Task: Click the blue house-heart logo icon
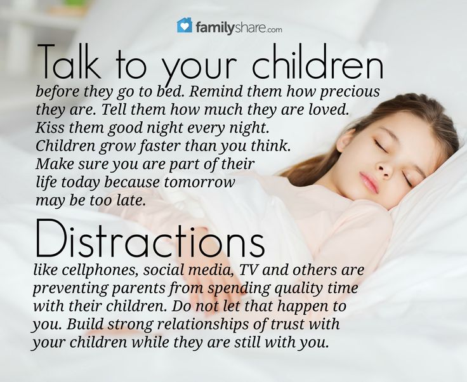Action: coord(185,25)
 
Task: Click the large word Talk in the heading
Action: coord(69,62)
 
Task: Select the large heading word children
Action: coord(317,62)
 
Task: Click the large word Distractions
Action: coord(150,239)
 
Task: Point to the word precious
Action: coord(350,92)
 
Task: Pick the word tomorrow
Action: coord(199,182)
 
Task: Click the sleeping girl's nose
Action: coord(385,169)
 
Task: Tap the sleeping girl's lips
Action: coord(369,182)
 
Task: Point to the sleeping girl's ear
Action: coord(345,140)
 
